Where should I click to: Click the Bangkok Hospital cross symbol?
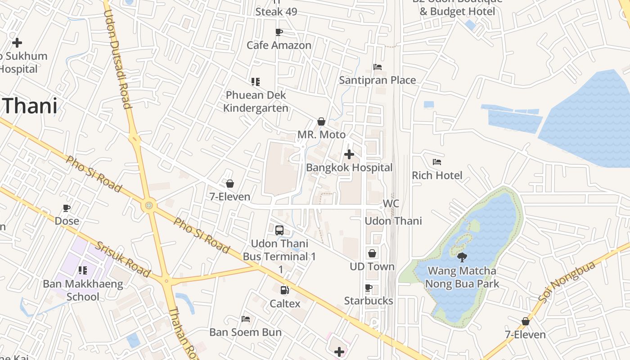349,155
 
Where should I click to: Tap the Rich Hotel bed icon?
436,162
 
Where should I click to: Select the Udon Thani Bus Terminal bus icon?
279,230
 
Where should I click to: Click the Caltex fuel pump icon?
284,290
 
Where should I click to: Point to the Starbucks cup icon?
369,288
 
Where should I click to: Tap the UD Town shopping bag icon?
372,253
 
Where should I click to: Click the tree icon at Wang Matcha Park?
462,257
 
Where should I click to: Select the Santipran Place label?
377,80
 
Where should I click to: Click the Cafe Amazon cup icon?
279,32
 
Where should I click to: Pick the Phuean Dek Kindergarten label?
256,102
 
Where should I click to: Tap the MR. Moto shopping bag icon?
321,121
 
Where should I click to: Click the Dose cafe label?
67,221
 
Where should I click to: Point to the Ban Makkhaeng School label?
83,290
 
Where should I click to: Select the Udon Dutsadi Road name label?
117,59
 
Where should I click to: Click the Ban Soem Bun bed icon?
246,319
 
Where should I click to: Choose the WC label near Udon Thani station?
391,203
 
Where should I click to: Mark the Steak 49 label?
276,12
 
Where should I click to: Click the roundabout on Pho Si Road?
149,206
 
